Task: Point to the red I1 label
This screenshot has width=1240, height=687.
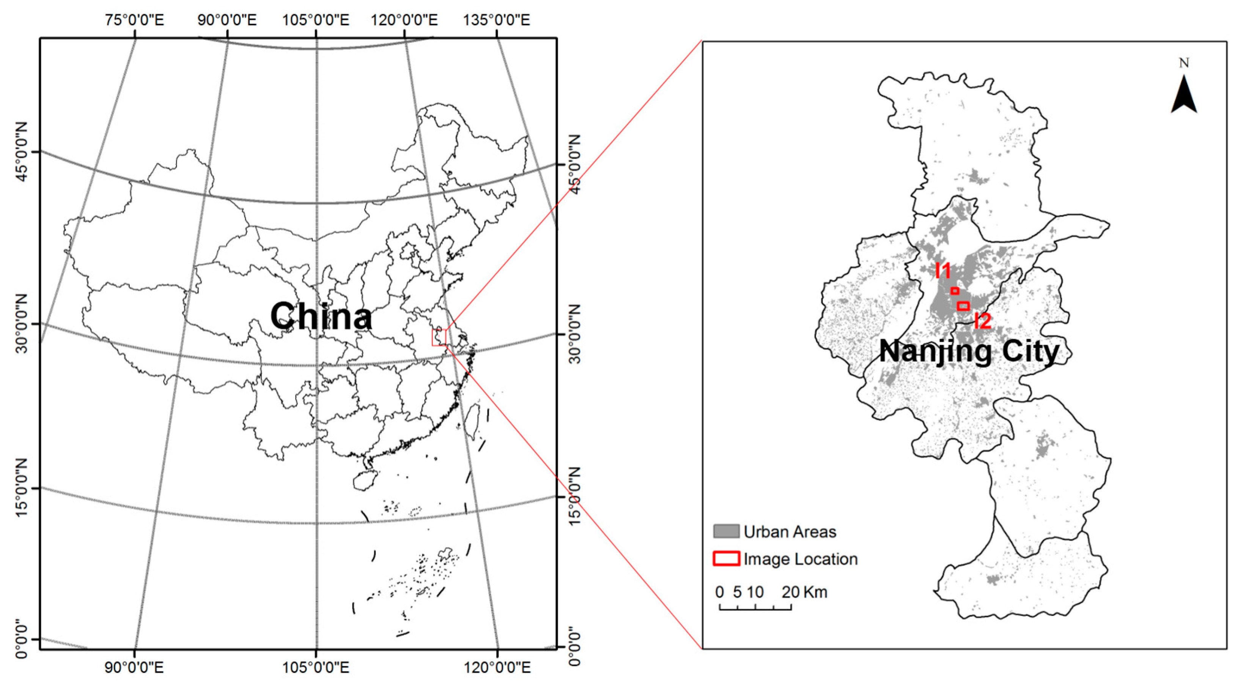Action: pyautogui.click(x=944, y=271)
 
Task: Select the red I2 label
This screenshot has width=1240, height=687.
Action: pyautogui.click(x=982, y=321)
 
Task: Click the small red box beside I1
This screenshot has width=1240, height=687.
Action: pyautogui.click(x=955, y=291)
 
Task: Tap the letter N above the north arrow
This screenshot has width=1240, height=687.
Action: pyautogui.click(x=1184, y=63)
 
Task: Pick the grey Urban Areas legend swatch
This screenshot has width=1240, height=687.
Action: pyautogui.click(x=726, y=531)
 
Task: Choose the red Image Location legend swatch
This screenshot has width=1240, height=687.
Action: pyautogui.click(x=726, y=558)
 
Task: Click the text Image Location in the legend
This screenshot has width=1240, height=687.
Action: pyautogui.click(x=801, y=559)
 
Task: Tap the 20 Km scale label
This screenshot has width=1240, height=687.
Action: pyautogui.click(x=804, y=592)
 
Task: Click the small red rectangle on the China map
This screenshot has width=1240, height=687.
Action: pyautogui.click(x=439, y=337)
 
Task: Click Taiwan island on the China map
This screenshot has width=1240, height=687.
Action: pyautogui.click(x=474, y=416)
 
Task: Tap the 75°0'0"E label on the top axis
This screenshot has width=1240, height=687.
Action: pyautogui.click(x=135, y=20)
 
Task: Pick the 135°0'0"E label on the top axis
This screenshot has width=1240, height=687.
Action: pyautogui.click(x=496, y=20)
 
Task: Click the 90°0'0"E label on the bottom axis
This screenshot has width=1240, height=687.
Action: pyautogui.click(x=135, y=668)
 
